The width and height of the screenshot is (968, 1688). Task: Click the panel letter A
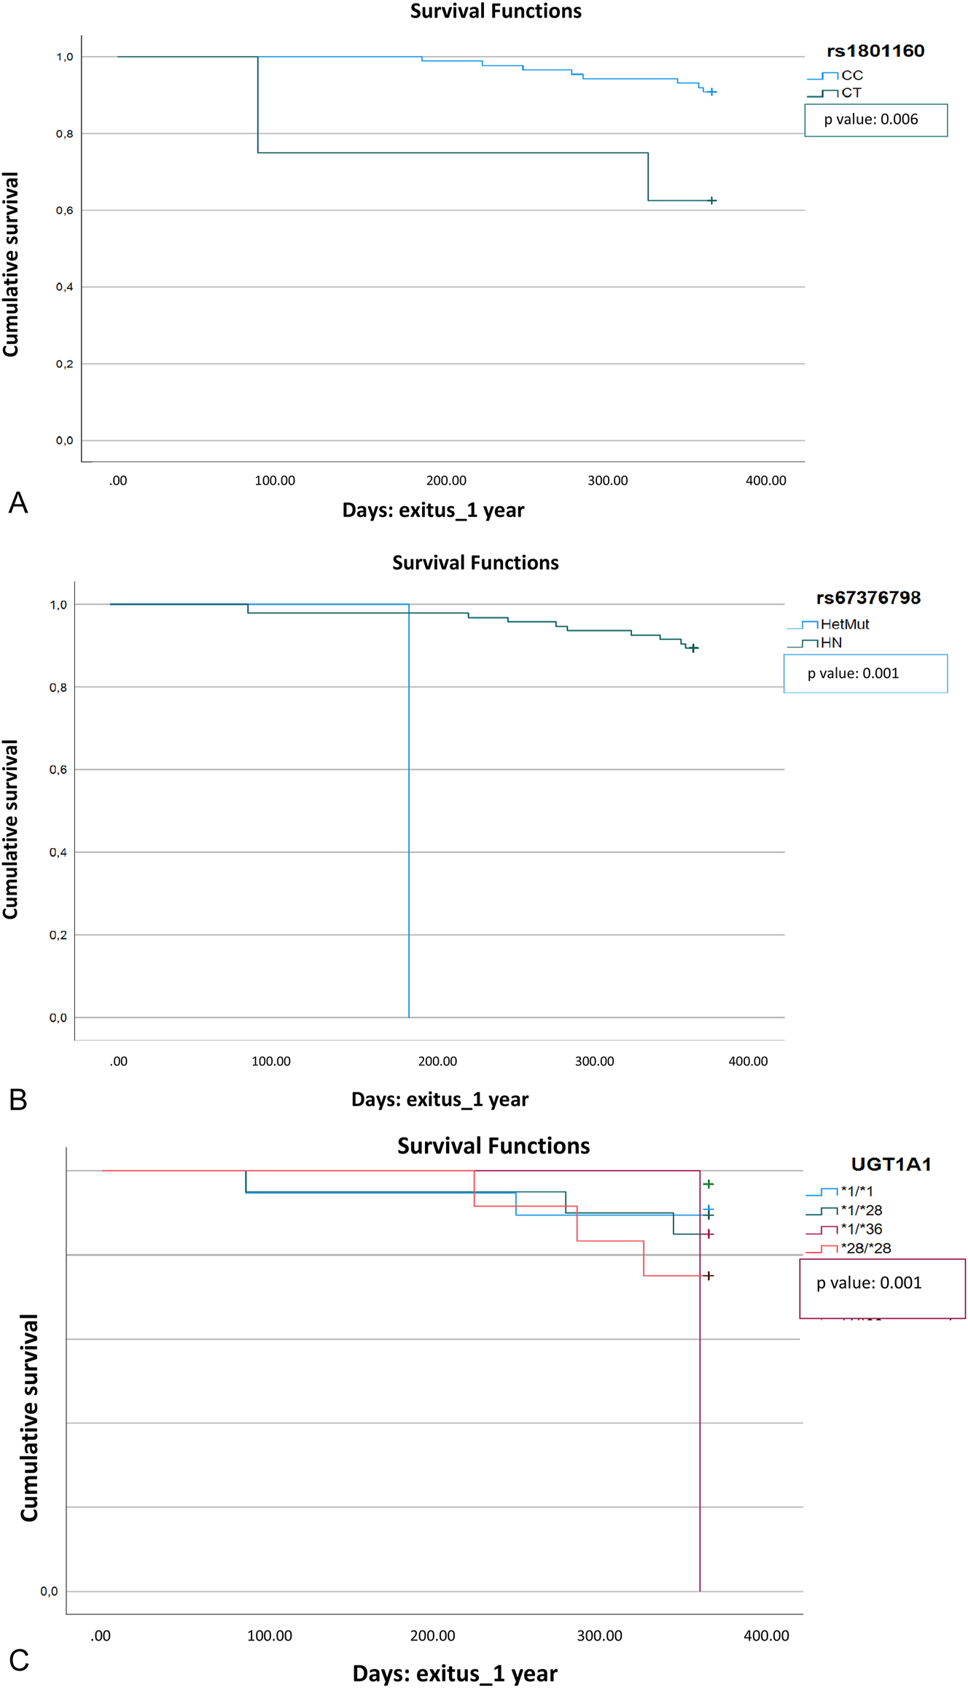pyautogui.click(x=18, y=503)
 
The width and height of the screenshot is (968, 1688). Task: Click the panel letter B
pyautogui.click(x=18, y=1100)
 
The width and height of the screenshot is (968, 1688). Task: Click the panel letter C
pyautogui.click(x=19, y=1660)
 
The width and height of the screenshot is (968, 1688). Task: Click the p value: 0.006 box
pyautogui.click(x=875, y=120)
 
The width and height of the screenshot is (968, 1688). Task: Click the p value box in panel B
pyautogui.click(x=865, y=673)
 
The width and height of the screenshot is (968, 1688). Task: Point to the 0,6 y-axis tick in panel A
pyautogui.click(x=65, y=211)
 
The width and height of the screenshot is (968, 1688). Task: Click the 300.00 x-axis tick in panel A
pyautogui.click(x=607, y=481)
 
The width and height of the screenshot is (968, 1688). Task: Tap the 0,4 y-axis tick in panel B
pyautogui.click(x=58, y=852)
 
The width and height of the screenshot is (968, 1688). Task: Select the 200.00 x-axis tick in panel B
pyautogui.click(x=437, y=1061)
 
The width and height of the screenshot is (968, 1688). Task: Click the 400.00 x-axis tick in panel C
pyautogui.click(x=766, y=1636)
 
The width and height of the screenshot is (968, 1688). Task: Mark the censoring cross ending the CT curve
pyautogui.click(x=712, y=201)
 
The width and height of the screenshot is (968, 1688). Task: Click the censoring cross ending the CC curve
pyautogui.click(x=712, y=92)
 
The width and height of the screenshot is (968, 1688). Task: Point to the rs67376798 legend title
pyautogui.click(x=868, y=598)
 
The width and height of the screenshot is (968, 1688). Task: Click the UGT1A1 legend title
pyautogui.click(x=891, y=1164)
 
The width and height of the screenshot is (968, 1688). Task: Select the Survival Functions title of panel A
pyautogui.click(x=496, y=11)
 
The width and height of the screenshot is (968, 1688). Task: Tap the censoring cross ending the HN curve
pyautogui.click(x=694, y=647)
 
